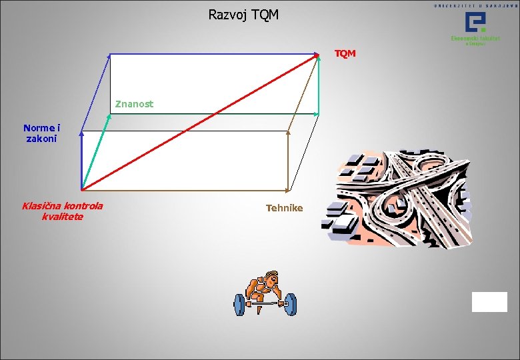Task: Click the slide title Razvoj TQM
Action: coord(243,14)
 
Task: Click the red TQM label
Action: coord(345,53)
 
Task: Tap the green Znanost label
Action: coord(134,104)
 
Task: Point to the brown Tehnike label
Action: coord(284,208)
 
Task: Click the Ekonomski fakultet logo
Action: coord(477,29)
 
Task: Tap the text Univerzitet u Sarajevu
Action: coord(475,5)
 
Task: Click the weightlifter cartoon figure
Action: coord(265,293)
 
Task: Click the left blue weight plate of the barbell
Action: coord(239,305)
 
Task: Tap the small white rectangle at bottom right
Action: coord(489,302)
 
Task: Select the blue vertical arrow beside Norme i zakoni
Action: coord(81,160)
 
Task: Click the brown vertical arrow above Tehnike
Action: coord(288,160)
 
